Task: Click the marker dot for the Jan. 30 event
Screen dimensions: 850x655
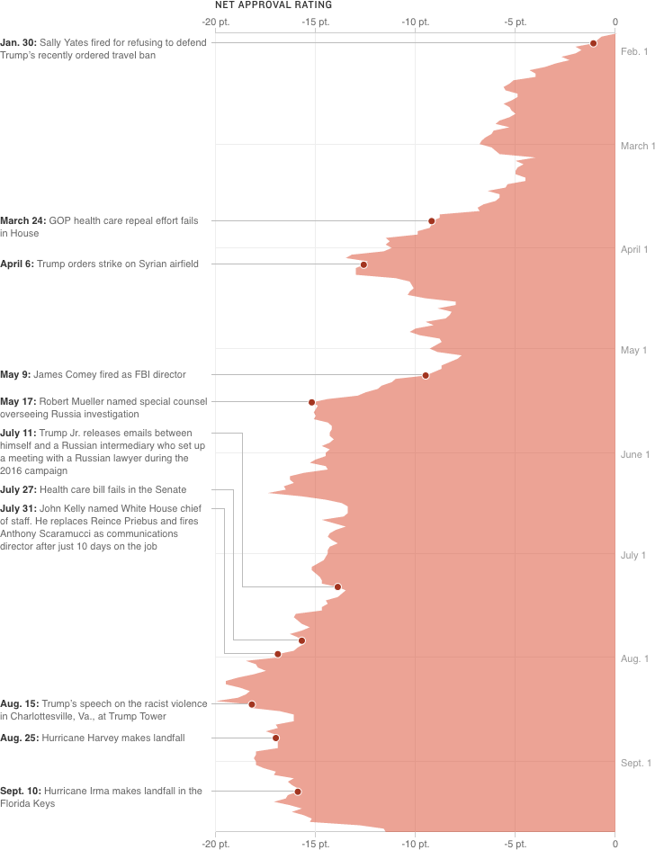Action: click(x=593, y=43)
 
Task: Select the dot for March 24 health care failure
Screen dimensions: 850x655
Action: click(x=432, y=221)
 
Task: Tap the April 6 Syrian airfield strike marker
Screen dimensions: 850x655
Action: click(x=363, y=264)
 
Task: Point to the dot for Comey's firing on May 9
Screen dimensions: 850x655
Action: click(x=426, y=375)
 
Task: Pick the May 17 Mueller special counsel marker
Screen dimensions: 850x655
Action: click(x=312, y=402)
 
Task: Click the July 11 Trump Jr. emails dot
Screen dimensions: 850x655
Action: click(x=338, y=587)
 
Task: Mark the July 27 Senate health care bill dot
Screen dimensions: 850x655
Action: click(x=301, y=640)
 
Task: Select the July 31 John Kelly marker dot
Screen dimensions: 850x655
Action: click(x=278, y=654)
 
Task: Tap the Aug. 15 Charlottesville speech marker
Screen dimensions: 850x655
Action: click(x=252, y=704)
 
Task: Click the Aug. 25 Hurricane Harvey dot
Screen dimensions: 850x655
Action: click(x=275, y=738)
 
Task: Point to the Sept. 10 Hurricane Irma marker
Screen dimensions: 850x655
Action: click(x=298, y=792)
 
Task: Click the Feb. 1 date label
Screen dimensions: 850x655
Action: click(x=634, y=52)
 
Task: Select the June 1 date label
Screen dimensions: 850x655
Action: click(x=634, y=455)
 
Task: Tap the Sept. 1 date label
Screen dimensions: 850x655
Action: click(x=635, y=763)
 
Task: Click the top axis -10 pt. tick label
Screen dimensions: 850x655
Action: click(x=415, y=22)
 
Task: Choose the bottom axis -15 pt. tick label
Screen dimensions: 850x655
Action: click(x=315, y=843)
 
